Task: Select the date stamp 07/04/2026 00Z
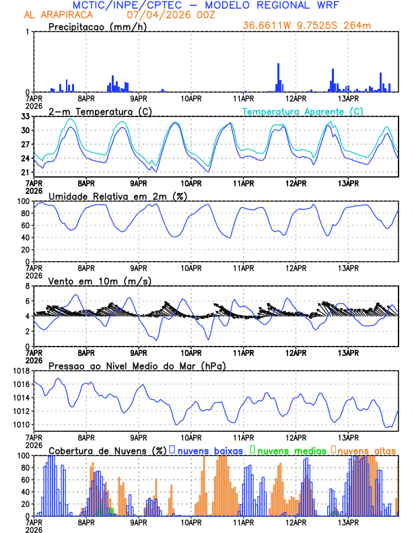click(x=175, y=14)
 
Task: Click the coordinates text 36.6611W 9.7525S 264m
click(x=306, y=26)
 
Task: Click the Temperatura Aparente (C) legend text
click(x=303, y=111)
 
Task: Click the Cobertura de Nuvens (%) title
click(x=106, y=450)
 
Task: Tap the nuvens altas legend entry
click(x=366, y=450)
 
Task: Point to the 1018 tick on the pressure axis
click(x=20, y=371)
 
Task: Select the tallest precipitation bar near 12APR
click(x=278, y=77)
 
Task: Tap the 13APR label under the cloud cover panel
click(x=348, y=523)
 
